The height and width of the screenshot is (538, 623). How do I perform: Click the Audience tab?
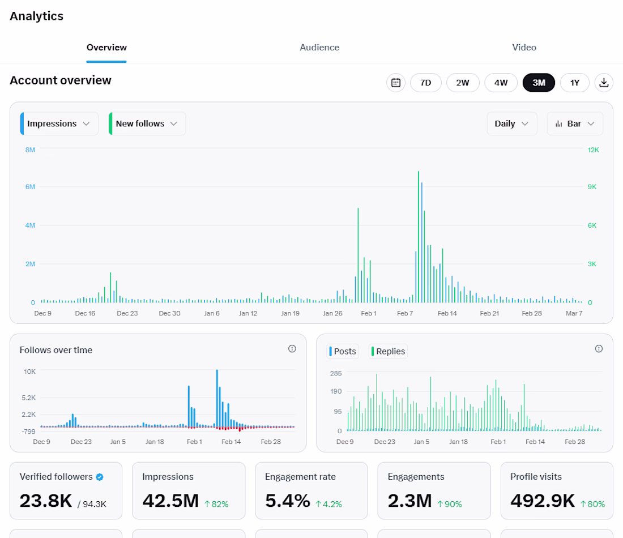pos(319,47)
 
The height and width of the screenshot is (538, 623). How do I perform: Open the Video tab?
pos(524,47)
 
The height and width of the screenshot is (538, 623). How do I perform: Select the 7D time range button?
pos(425,83)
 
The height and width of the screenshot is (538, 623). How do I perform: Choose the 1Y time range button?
pos(574,83)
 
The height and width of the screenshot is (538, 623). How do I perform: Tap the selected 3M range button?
pos(539,83)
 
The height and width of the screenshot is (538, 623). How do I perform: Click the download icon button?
pos(604,83)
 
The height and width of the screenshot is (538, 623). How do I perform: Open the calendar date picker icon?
pos(396,83)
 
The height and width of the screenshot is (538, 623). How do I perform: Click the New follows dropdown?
pos(147,123)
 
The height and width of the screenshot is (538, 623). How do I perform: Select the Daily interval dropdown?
pos(512,123)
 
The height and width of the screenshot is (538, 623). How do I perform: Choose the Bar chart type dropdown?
pos(575,123)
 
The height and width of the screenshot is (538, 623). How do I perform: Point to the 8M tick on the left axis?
pos(30,150)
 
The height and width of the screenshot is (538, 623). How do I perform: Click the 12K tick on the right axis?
pos(593,150)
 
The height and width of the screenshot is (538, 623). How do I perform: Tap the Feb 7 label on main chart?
pos(405,313)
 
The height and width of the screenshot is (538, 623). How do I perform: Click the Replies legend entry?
pos(388,351)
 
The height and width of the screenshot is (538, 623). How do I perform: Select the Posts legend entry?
pos(343,351)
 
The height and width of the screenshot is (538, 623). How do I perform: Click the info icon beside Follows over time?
pos(292,349)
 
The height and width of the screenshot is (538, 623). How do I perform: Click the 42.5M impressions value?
pos(170,501)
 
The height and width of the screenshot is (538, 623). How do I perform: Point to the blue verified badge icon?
pos(100,477)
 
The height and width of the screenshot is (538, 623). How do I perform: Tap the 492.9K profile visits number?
pos(543,501)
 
